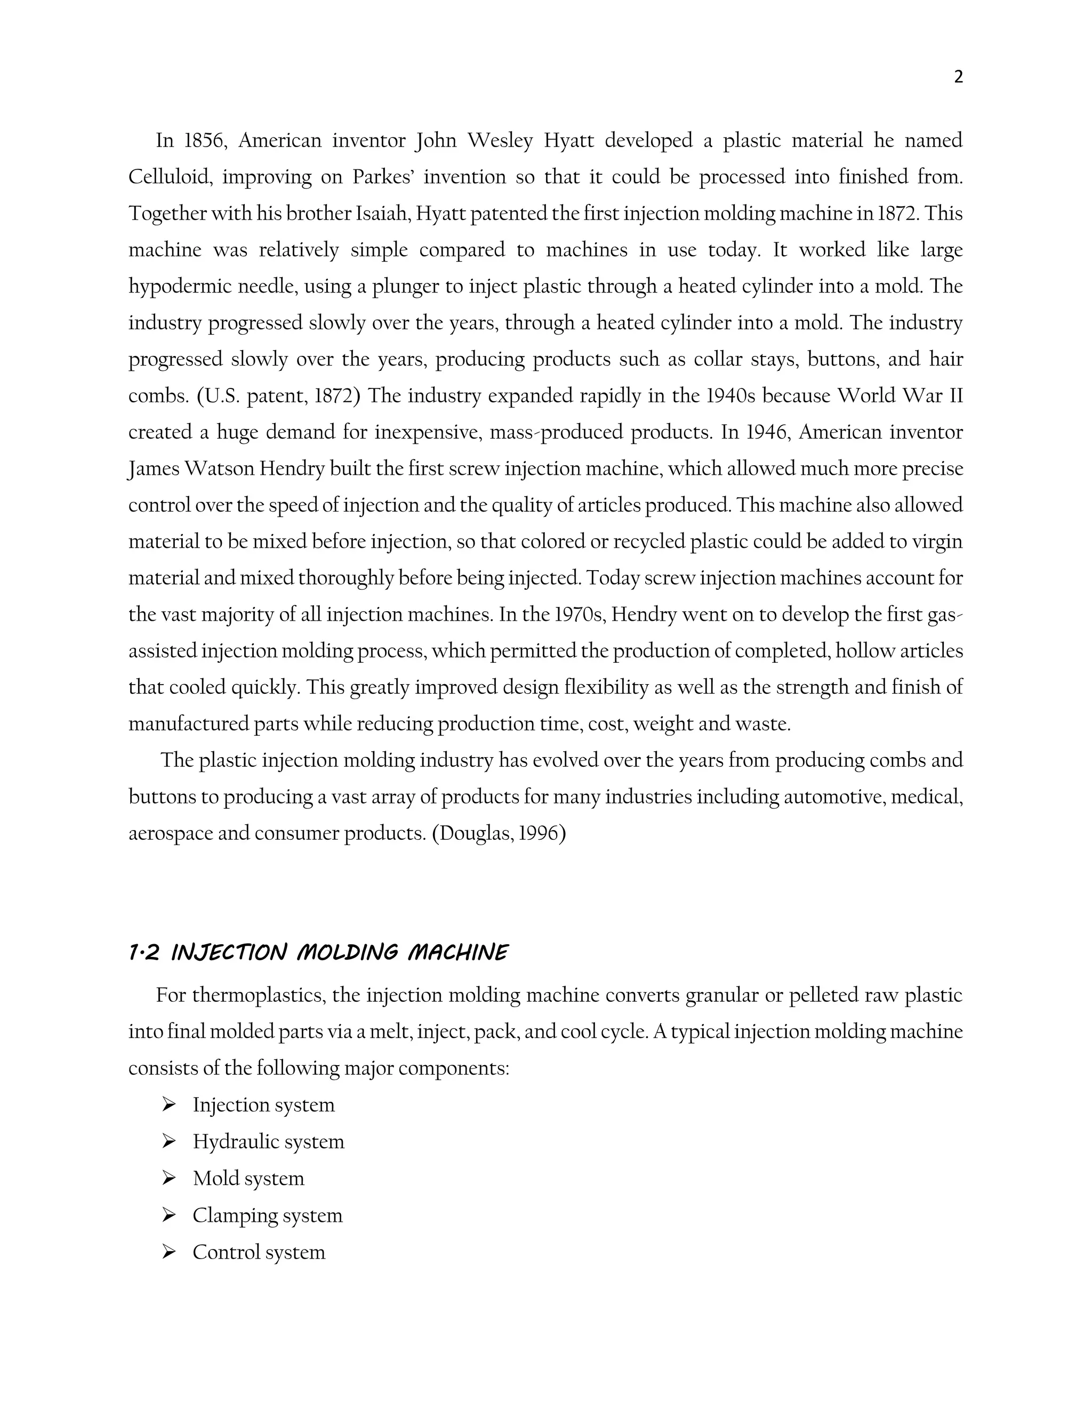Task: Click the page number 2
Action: click(958, 78)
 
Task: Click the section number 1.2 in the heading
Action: click(143, 953)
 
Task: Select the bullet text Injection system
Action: click(263, 1105)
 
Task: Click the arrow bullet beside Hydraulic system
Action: click(169, 1142)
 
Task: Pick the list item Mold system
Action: click(248, 1179)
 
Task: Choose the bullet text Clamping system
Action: click(267, 1215)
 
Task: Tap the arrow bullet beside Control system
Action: click(169, 1252)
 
